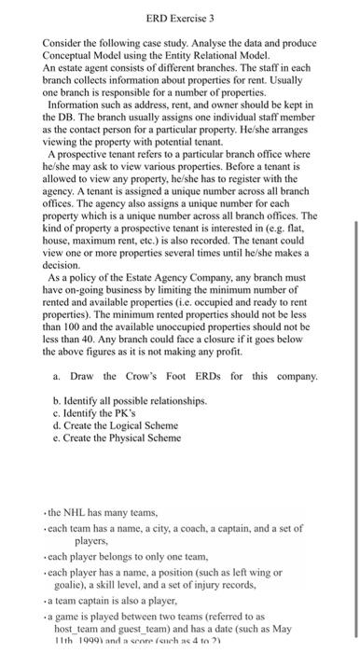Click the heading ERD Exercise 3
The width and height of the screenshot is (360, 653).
click(x=180, y=17)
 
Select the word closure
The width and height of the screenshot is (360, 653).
click(x=242, y=327)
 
